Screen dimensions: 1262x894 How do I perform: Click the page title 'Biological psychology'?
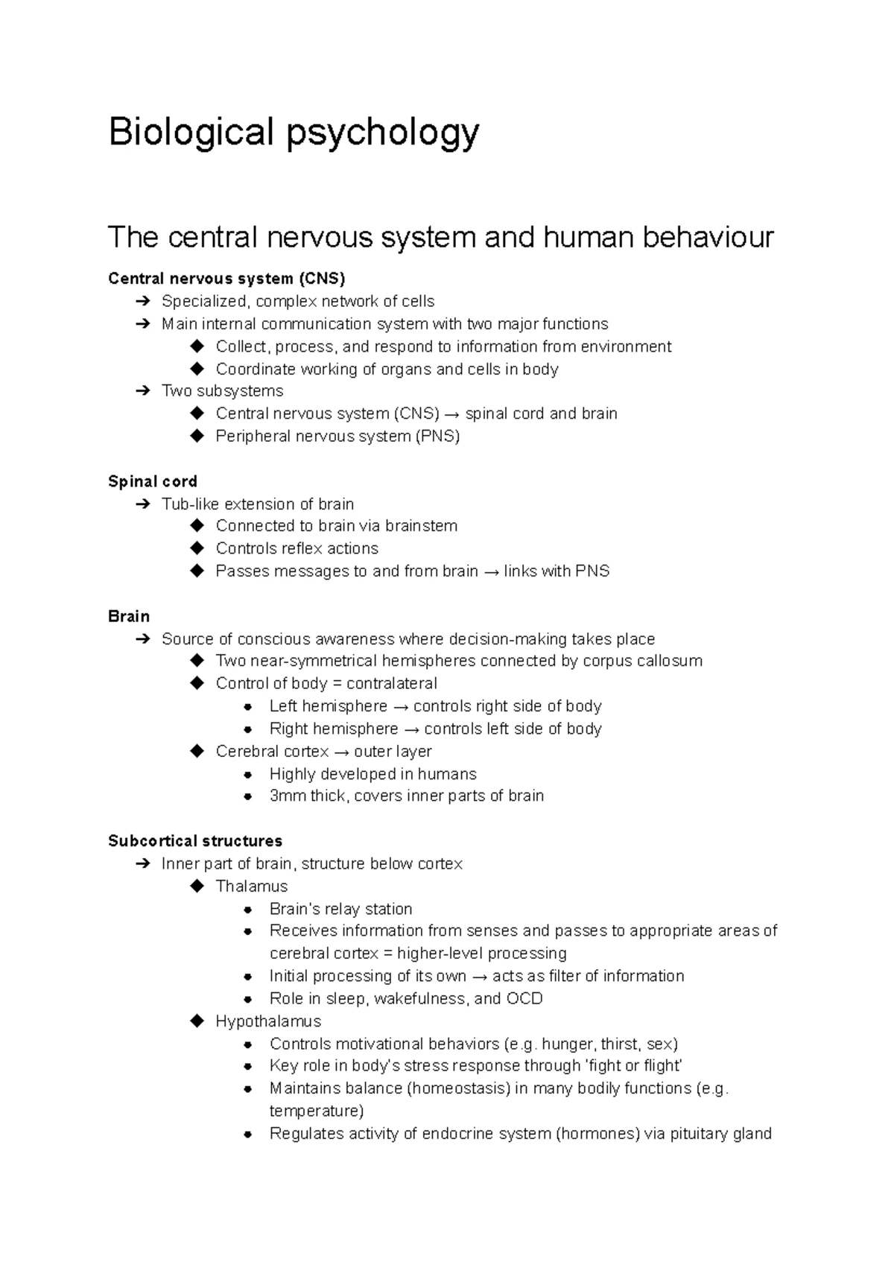pyautogui.click(x=294, y=133)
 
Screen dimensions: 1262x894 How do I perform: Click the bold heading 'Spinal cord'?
pyautogui.click(x=153, y=481)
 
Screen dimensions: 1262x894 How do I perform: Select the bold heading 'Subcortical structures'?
pyautogui.click(x=195, y=841)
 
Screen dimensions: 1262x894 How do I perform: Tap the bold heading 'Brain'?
pyautogui.click(x=129, y=616)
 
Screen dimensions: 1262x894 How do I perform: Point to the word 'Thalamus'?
pyautogui.click(x=251, y=886)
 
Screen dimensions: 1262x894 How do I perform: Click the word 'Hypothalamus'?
pyautogui.click(x=268, y=1021)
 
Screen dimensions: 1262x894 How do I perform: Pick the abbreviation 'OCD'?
pyautogui.click(x=524, y=998)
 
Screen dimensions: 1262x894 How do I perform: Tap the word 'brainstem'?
pyautogui.click(x=422, y=526)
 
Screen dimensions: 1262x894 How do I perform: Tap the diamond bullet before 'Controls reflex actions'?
pyautogui.click(x=197, y=548)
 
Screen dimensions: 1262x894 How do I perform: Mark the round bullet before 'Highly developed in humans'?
pyautogui.click(x=250, y=774)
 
